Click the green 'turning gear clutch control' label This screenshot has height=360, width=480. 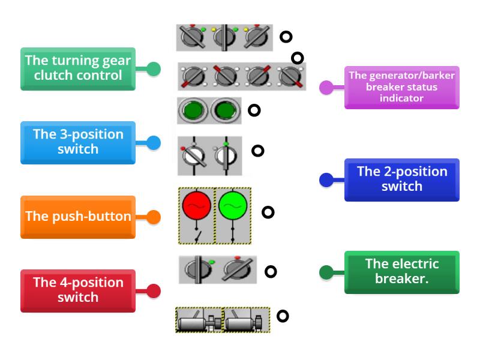(x=78, y=68)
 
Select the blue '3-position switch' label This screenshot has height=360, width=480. (x=78, y=142)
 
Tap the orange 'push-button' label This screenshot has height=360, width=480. (x=78, y=217)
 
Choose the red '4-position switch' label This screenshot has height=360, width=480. (x=78, y=290)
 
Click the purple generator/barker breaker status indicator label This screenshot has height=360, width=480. (x=401, y=87)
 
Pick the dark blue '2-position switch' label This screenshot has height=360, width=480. (x=401, y=179)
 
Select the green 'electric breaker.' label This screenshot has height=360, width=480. (x=401, y=272)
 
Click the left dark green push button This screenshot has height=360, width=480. (x=193, y=111)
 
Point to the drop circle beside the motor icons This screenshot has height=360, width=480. (x=283, y=316)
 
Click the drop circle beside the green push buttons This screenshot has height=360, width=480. (x=254, y=110)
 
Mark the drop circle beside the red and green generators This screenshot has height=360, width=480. (x=268, y=212)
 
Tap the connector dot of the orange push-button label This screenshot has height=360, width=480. (x=154, y=217)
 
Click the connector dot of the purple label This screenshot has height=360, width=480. (x=326, y=88)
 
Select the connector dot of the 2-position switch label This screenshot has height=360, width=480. (x=326, y=179)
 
